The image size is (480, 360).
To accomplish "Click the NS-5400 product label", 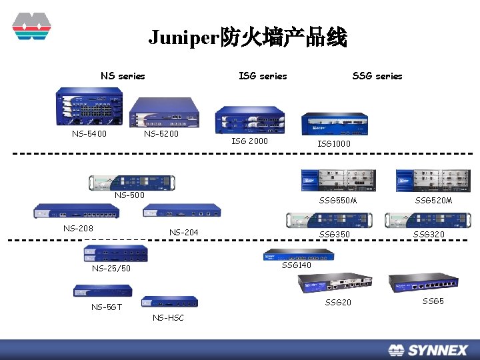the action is click(x=89, y=133).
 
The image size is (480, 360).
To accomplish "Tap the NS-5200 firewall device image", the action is click(x=164, y=112).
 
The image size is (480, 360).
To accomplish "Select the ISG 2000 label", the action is click(x=249, y=141).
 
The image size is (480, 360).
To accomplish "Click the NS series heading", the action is click(x=123, y=76).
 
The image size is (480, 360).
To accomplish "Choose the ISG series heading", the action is click(x=263, y=76).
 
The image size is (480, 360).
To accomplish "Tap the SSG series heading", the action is click(x=377, y=76).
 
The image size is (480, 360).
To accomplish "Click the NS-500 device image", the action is click(x=132, y=182).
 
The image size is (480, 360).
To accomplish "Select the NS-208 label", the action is click(x=78, y=228).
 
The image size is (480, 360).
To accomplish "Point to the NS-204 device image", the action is click(x=181, y=211).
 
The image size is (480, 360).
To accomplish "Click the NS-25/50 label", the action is click(x=111, y=269).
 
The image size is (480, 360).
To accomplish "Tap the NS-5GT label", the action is click(x=107, y=307).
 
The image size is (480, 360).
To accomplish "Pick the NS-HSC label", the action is click(x=168, y=317).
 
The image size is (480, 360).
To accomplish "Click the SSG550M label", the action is click(x=338, y=201).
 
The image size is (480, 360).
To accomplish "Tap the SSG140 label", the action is click(x=297, y=265).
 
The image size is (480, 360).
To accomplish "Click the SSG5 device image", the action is click(x=423, y=283).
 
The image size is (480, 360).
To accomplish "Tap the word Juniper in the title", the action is click(x=184, y=38).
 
